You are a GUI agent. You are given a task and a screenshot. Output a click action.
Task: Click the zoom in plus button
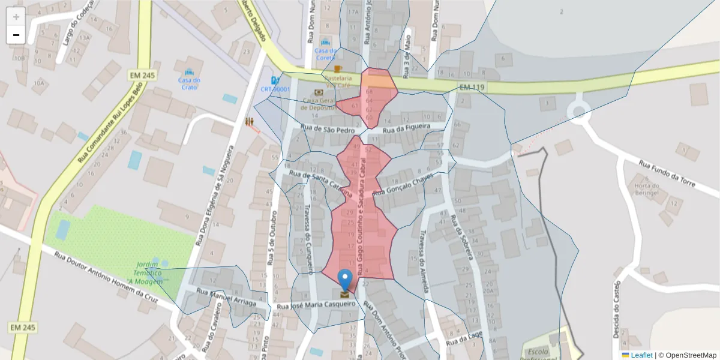16,17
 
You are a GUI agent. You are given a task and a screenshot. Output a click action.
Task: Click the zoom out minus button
16,35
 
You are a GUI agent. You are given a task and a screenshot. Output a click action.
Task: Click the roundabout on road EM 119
580,111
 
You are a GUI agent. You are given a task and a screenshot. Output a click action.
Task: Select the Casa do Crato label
189,83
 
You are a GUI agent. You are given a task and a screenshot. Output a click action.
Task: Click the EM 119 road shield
472,88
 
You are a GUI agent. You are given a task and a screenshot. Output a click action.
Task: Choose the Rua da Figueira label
407,128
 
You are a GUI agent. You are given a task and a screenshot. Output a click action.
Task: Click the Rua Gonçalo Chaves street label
403,185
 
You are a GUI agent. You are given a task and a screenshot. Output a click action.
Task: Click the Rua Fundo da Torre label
667,173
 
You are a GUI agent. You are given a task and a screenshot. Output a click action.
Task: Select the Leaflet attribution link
641,355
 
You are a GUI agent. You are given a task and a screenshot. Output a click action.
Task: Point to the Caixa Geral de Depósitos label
318,104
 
